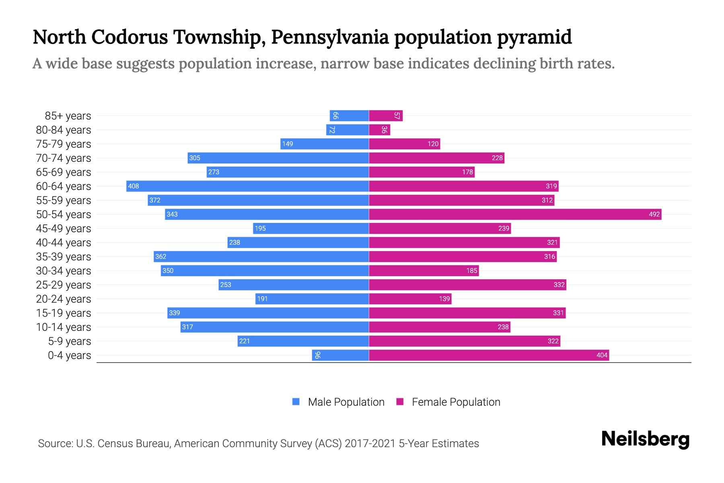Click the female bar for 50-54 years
(515, 214)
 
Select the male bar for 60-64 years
(247, 186)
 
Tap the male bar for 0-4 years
(340, 355)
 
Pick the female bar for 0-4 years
(489, 355)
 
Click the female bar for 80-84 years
(379, 130)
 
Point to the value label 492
(654, 214)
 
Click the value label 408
(133, 186)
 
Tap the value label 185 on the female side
(471, 270)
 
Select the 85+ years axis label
(68, 116)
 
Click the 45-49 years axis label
(64, 229)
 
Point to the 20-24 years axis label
(64, 299)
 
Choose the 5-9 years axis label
(70, 341)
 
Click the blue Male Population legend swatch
(296, 402)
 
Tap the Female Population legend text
(456, 402)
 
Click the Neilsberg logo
(645, 439)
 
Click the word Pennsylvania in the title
(330, 37)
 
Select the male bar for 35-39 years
(261, 256)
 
